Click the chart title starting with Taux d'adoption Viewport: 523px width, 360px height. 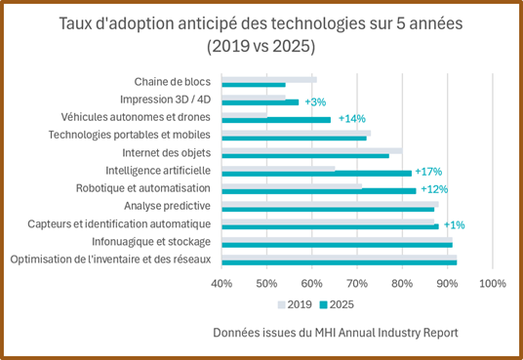tap(261, 34)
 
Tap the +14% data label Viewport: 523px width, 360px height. tap(351, 119)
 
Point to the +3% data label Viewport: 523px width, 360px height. tap(314, 101)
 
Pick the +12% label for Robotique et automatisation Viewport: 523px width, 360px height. tap(434, 189)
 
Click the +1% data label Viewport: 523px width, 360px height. tap(454, 225)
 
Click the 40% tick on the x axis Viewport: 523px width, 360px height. tap(221, 284)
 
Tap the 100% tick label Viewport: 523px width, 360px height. tap(493, 284)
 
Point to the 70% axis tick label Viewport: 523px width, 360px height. tap(357, 284)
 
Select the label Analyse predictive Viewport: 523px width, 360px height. tap(168, 206)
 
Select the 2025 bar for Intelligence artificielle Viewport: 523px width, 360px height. tap(316, 173)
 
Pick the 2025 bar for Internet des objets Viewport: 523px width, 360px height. tap(305, 155)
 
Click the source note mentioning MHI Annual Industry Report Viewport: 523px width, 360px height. tap(335, 333)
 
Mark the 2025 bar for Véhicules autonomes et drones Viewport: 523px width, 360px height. tap(276, 120)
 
